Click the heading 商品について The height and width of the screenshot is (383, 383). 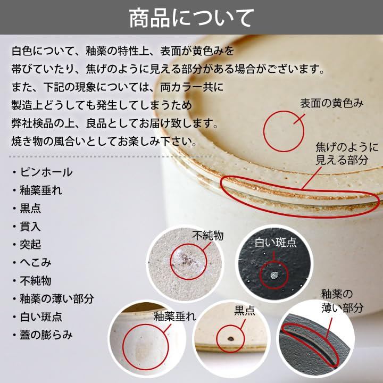(191, 18)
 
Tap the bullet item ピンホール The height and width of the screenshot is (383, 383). (46, 172)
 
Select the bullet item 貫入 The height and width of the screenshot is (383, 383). (30, 227)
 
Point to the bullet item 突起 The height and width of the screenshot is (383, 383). (30, 245)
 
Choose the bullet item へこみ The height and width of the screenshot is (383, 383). (36, 263)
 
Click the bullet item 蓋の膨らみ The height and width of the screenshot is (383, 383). (46, 335)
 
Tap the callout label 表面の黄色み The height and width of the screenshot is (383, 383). (332, 103)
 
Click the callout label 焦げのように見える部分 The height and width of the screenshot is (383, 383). (347, 154)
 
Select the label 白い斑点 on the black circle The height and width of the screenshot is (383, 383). (276, 243)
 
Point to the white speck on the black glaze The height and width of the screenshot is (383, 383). (274, 276)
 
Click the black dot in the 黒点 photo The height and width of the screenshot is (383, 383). (230, 338)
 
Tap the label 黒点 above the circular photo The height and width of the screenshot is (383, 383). (245, 311)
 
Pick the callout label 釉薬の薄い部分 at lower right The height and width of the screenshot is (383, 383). (342, 301)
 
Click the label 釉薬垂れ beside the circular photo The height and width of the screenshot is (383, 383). (175, 317)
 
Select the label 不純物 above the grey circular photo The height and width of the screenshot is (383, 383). (208, 236)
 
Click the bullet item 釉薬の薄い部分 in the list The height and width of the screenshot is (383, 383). (57, 299)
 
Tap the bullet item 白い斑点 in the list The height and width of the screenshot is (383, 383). (41, 317)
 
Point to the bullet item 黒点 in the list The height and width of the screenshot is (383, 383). (30, 209)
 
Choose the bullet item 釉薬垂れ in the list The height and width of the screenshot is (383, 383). (41, 190)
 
